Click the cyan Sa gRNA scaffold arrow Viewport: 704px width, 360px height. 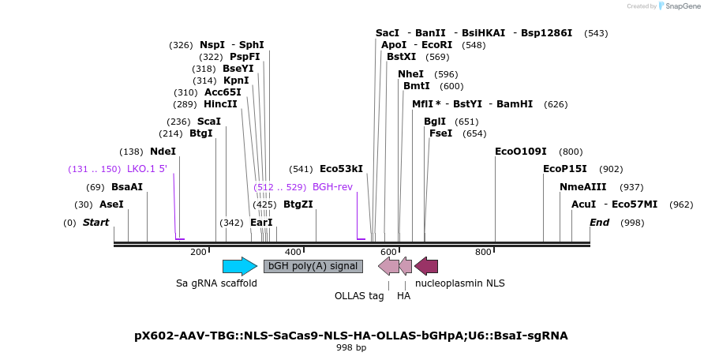239,266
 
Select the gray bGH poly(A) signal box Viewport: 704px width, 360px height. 313,266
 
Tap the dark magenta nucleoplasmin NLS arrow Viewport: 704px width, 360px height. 426,266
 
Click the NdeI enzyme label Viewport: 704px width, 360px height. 163,152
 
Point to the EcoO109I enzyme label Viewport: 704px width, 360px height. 521,152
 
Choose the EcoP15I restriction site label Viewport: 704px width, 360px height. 565,169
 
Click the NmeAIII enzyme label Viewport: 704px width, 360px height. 582,187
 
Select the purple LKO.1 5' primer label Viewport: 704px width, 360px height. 147,169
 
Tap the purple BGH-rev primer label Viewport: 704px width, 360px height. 332,187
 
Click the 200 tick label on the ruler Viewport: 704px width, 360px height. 198,252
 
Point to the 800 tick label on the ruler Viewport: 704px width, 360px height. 483,252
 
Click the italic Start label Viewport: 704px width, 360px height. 95,223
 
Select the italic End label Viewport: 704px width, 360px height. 599,223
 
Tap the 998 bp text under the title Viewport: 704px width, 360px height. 351,347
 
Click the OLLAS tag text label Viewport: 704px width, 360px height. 359,296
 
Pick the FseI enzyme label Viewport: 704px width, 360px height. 440,133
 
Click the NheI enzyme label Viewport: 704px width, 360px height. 410,74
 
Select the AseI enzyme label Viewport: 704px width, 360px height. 110,204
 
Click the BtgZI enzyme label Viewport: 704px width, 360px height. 298,204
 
